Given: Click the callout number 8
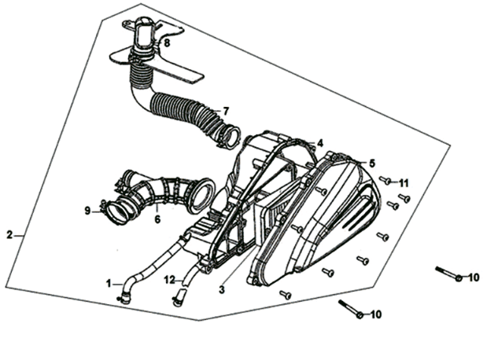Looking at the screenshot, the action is pos(167,42).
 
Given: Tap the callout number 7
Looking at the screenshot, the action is pos(226,111).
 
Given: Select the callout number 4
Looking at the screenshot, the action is pos(320,143).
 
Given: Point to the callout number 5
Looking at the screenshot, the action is pos(372,163).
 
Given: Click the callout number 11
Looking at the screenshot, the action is pos(404,183).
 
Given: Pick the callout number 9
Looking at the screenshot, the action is pos(87,211).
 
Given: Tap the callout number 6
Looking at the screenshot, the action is pos(157,219).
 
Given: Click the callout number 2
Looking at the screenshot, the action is pos(9,235).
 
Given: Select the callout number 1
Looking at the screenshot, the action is pos(109,283).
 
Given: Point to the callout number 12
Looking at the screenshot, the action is pos(170,280).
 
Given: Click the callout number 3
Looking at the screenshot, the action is pos(222,289).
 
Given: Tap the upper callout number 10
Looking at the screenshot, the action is pos(474,277).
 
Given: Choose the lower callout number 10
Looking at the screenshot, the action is pos(376,314).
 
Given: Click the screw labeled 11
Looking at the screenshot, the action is pos(385,181).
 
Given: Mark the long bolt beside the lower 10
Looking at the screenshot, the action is pos(351,309).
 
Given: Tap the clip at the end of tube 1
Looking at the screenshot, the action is pos(124,299).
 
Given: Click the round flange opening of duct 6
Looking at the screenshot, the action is pos(202,196).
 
